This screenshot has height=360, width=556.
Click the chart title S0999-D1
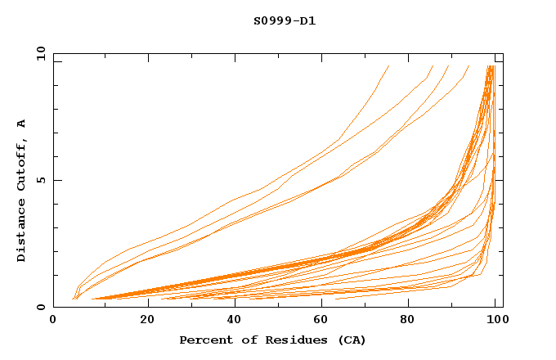pos(285,20)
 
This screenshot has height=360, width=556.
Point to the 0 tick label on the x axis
pos(54,322)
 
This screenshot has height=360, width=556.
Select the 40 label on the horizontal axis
pos(235,322)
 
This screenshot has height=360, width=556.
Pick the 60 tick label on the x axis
pos(324,322)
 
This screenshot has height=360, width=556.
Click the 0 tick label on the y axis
pos(40,307)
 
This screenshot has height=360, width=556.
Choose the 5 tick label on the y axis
pos(40,180)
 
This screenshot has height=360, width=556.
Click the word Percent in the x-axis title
pos(204,340)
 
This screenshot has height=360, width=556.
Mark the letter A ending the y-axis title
pos(22,124)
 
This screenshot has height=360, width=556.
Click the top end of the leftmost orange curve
pos(388,66)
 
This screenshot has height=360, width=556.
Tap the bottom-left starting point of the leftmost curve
pos(72,299)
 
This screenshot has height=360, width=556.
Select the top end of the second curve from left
pos(433,66)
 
